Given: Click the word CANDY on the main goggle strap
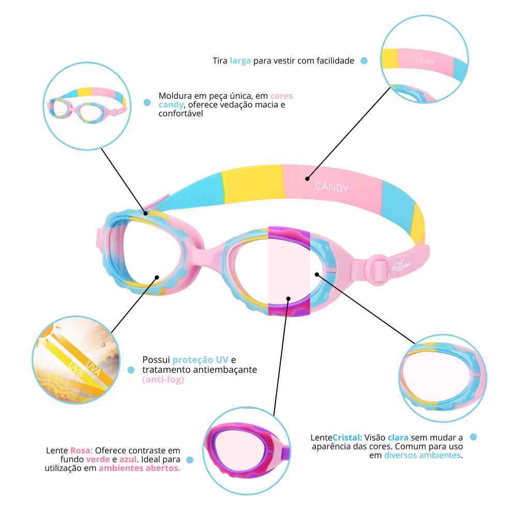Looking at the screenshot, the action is (x=331, y=187).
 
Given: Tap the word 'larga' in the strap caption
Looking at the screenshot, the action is (x=240, y=61).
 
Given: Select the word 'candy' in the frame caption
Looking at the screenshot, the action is (x=171, y=105).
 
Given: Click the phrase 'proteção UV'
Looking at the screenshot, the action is (x=200, y=360).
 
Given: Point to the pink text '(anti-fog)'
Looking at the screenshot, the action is (x=163, y=379).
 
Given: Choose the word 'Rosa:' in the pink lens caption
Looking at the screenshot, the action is (x=82, y=450).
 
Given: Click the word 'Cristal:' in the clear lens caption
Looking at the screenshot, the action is (x=347, y=437).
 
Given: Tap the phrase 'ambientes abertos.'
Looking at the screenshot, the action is (x=140, y=468).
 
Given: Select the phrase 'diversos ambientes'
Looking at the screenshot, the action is (x=422, y=455).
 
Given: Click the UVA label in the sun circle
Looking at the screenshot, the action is (x=93, y=368).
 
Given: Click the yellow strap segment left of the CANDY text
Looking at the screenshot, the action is (x=253, y=184).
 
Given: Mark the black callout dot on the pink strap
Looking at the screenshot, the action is (x=307, y=179).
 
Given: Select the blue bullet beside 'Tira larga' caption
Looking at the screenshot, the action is (x=364, y=60).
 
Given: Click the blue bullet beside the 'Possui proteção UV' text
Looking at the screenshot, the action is (x=131, y=370).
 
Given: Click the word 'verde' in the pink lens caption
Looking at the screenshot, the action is (x=98, y=459).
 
